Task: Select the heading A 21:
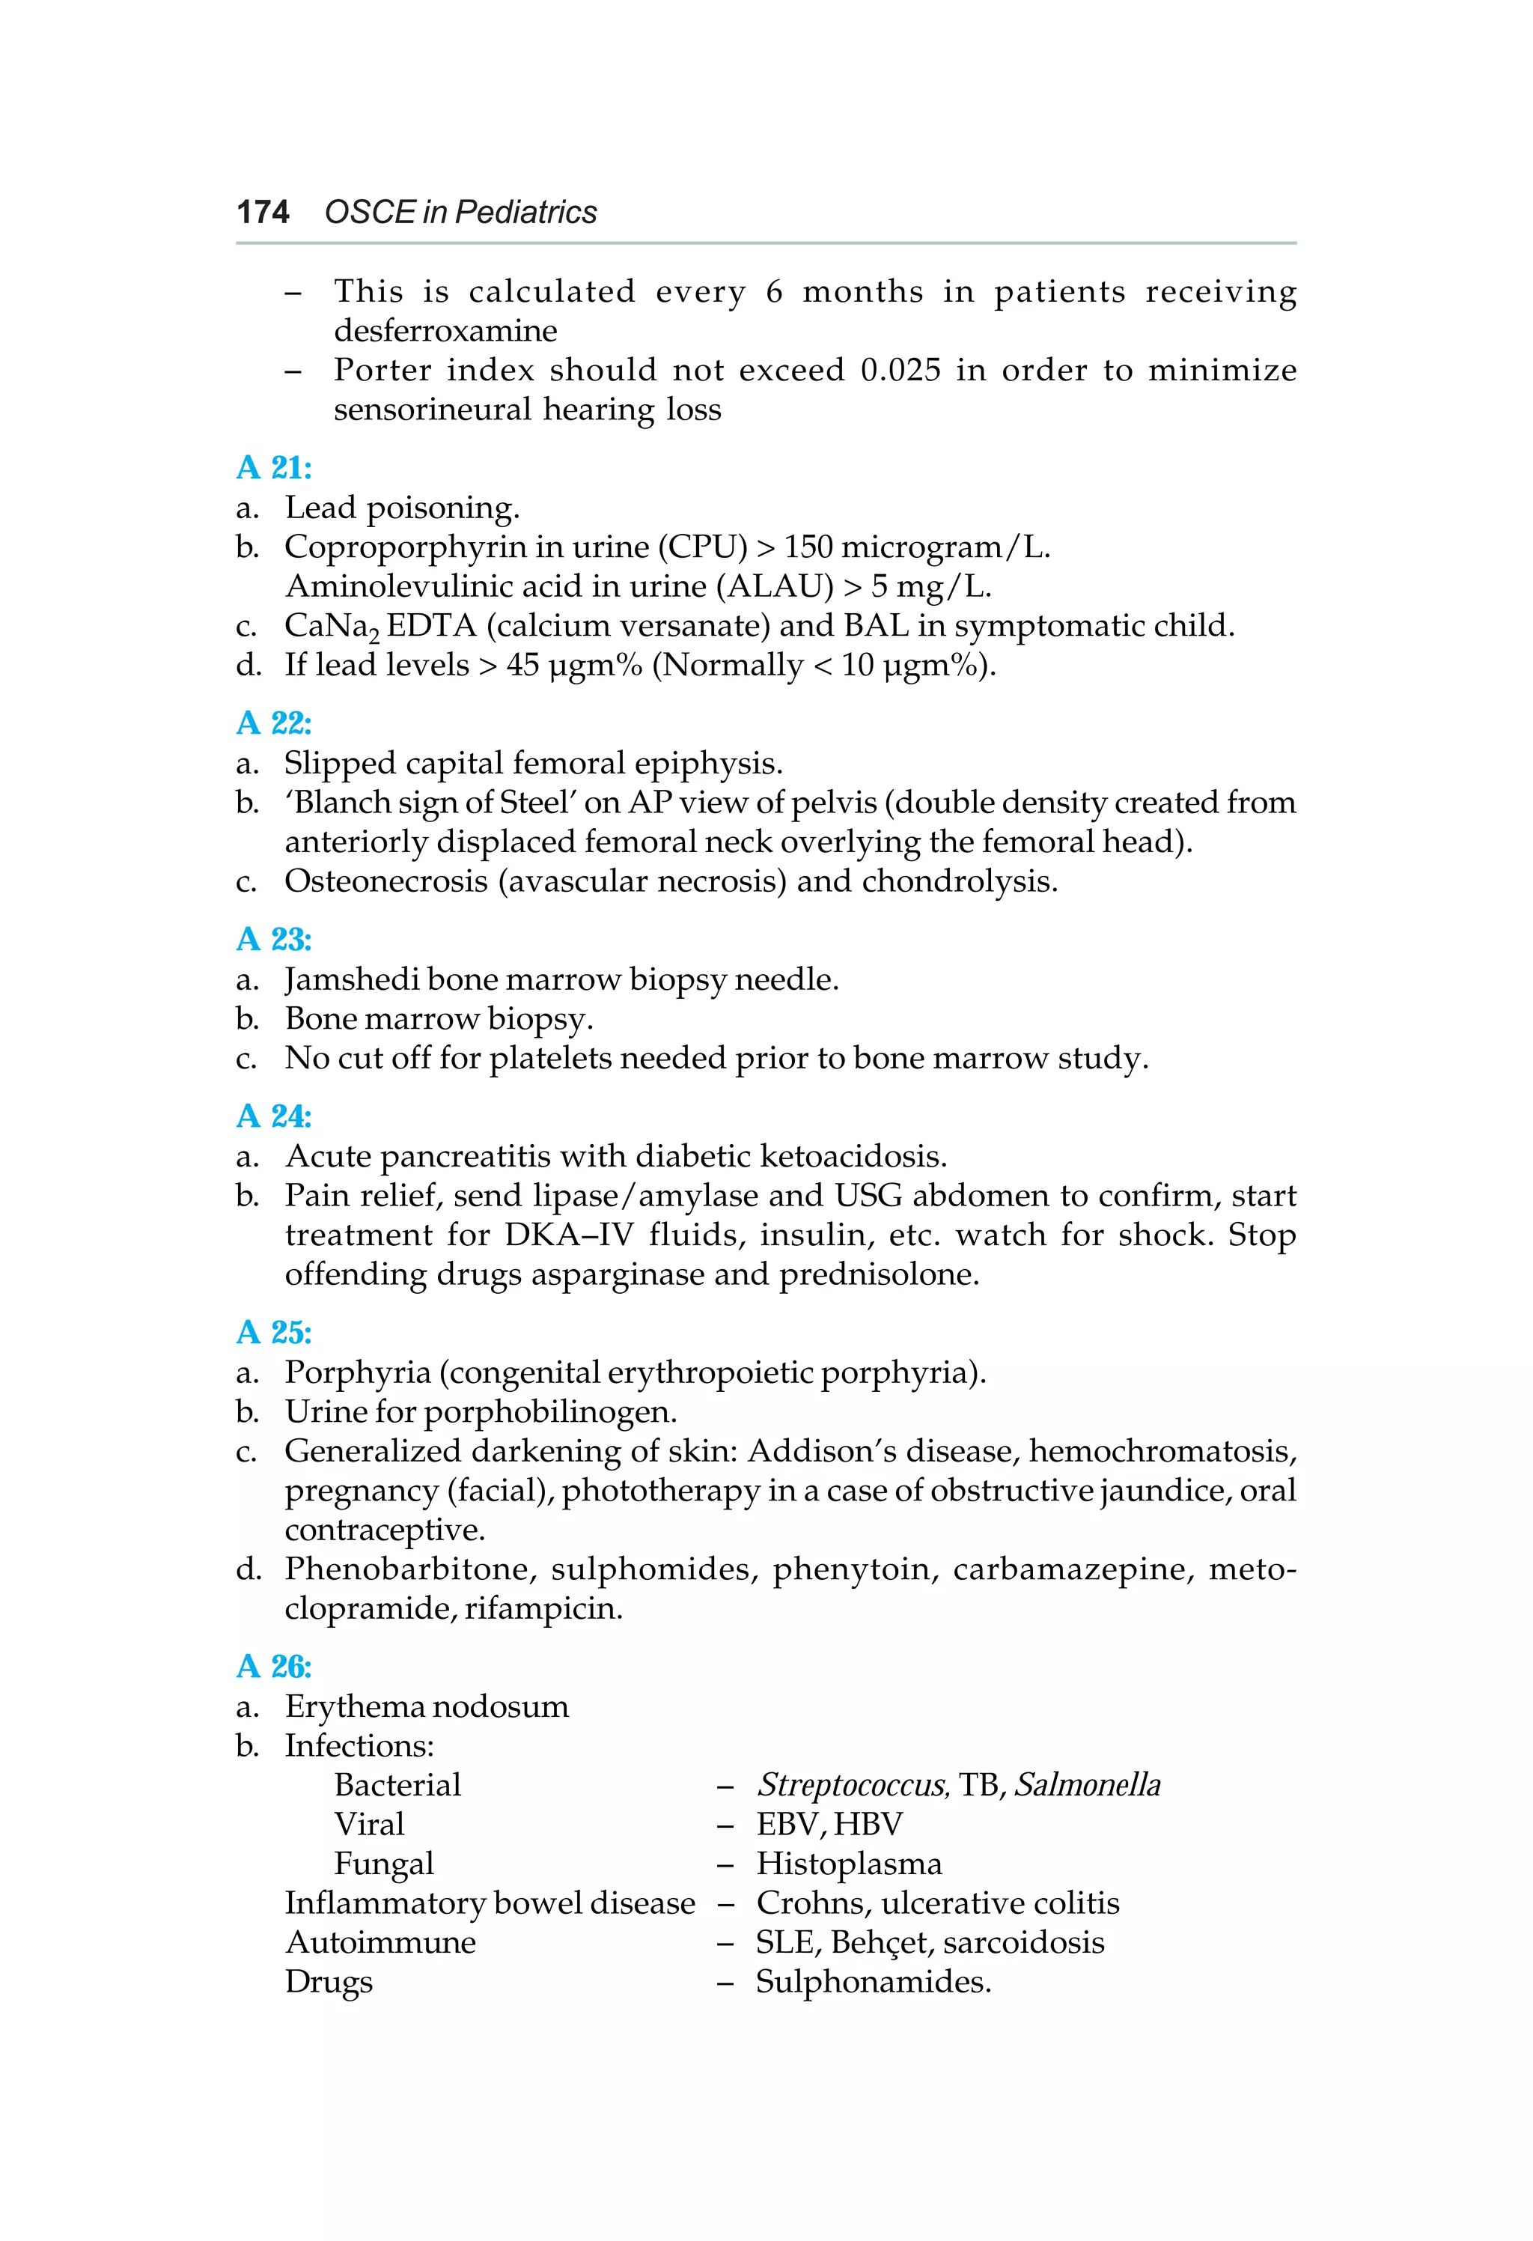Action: pyautogui.click(x=274, y=468)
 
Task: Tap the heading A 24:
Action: pyautogui.click(x=274, y=1116)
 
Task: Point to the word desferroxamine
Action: pyautogui.click(x=445, y=331)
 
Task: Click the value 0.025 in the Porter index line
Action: pyautogui.click(x=900, y=371)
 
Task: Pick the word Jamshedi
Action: pyautogui.click(x=351, y=979)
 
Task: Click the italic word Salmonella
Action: pyautogui.click(x=1087, y=1785)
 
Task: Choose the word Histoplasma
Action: pyautogui.click(x=848, y=1864)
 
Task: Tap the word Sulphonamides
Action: pyautogui.click(x=873, y=1983)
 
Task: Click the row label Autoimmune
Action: pyautogui.click(x=380, y=1943)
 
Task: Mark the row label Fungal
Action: pyautogui.click(x=384, y=1864)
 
